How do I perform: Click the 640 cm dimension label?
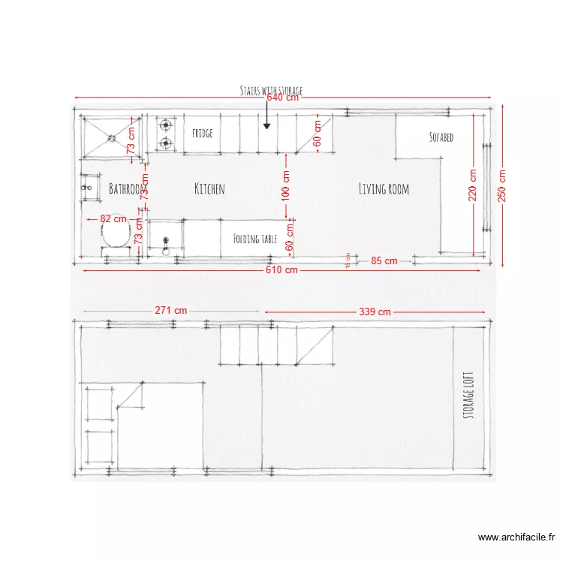(283, 98)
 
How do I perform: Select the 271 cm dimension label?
(171, 310)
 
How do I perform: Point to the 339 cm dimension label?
(375, 312)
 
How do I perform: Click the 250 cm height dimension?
(501, 184)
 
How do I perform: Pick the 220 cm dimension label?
(473, 184)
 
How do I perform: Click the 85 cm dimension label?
(384, 261)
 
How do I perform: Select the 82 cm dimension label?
(113, 219)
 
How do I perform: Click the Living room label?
(384, 188)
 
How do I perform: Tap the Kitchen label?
(209, 188)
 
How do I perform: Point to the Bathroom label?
(125, 188)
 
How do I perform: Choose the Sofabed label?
(441, 138)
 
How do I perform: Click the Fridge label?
(202, 134)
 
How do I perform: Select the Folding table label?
(255, 239)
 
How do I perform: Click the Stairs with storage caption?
(271, 90)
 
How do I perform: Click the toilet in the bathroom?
(115, 236)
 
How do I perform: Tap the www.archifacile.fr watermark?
(516, 537)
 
